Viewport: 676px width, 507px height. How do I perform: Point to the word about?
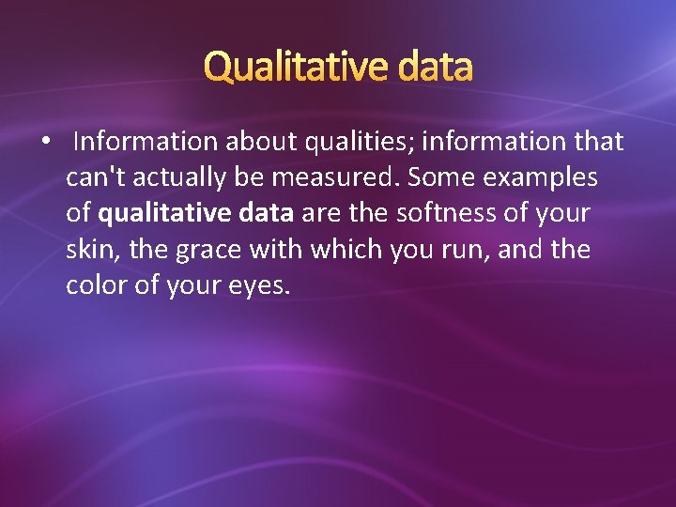[x=260, y=142]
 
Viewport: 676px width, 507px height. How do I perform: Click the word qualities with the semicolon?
[x=361, y=142]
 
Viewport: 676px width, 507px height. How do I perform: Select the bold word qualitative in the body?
[x=161, y=213]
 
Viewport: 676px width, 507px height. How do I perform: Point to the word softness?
[x=448, y=213]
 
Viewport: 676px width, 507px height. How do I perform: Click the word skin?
[x=87, y=249]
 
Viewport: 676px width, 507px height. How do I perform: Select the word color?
[x=94, y=284]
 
